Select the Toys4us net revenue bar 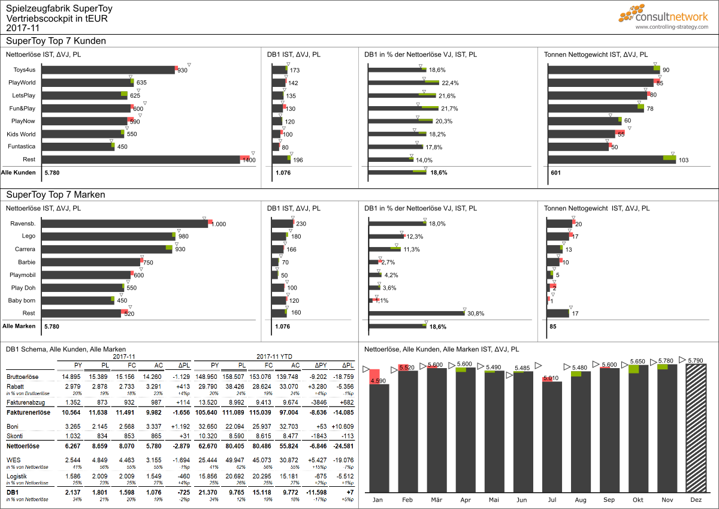pyautogui.click(x=108, y=70)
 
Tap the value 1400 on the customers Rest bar pyautogui.click(x=249, y=160)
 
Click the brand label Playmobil pyautogui.click(x=22, y=275)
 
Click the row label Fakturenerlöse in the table pyautogui.click(x=28, y=412)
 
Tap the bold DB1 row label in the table pyautogui.click(x=12, y=492)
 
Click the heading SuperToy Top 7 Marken pyautogui.click(x=56, y=195)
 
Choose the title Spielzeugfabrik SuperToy pyautogui.click(x=59, y=9)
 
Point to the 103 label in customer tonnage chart pyautogui.click(x=684, y=160)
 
